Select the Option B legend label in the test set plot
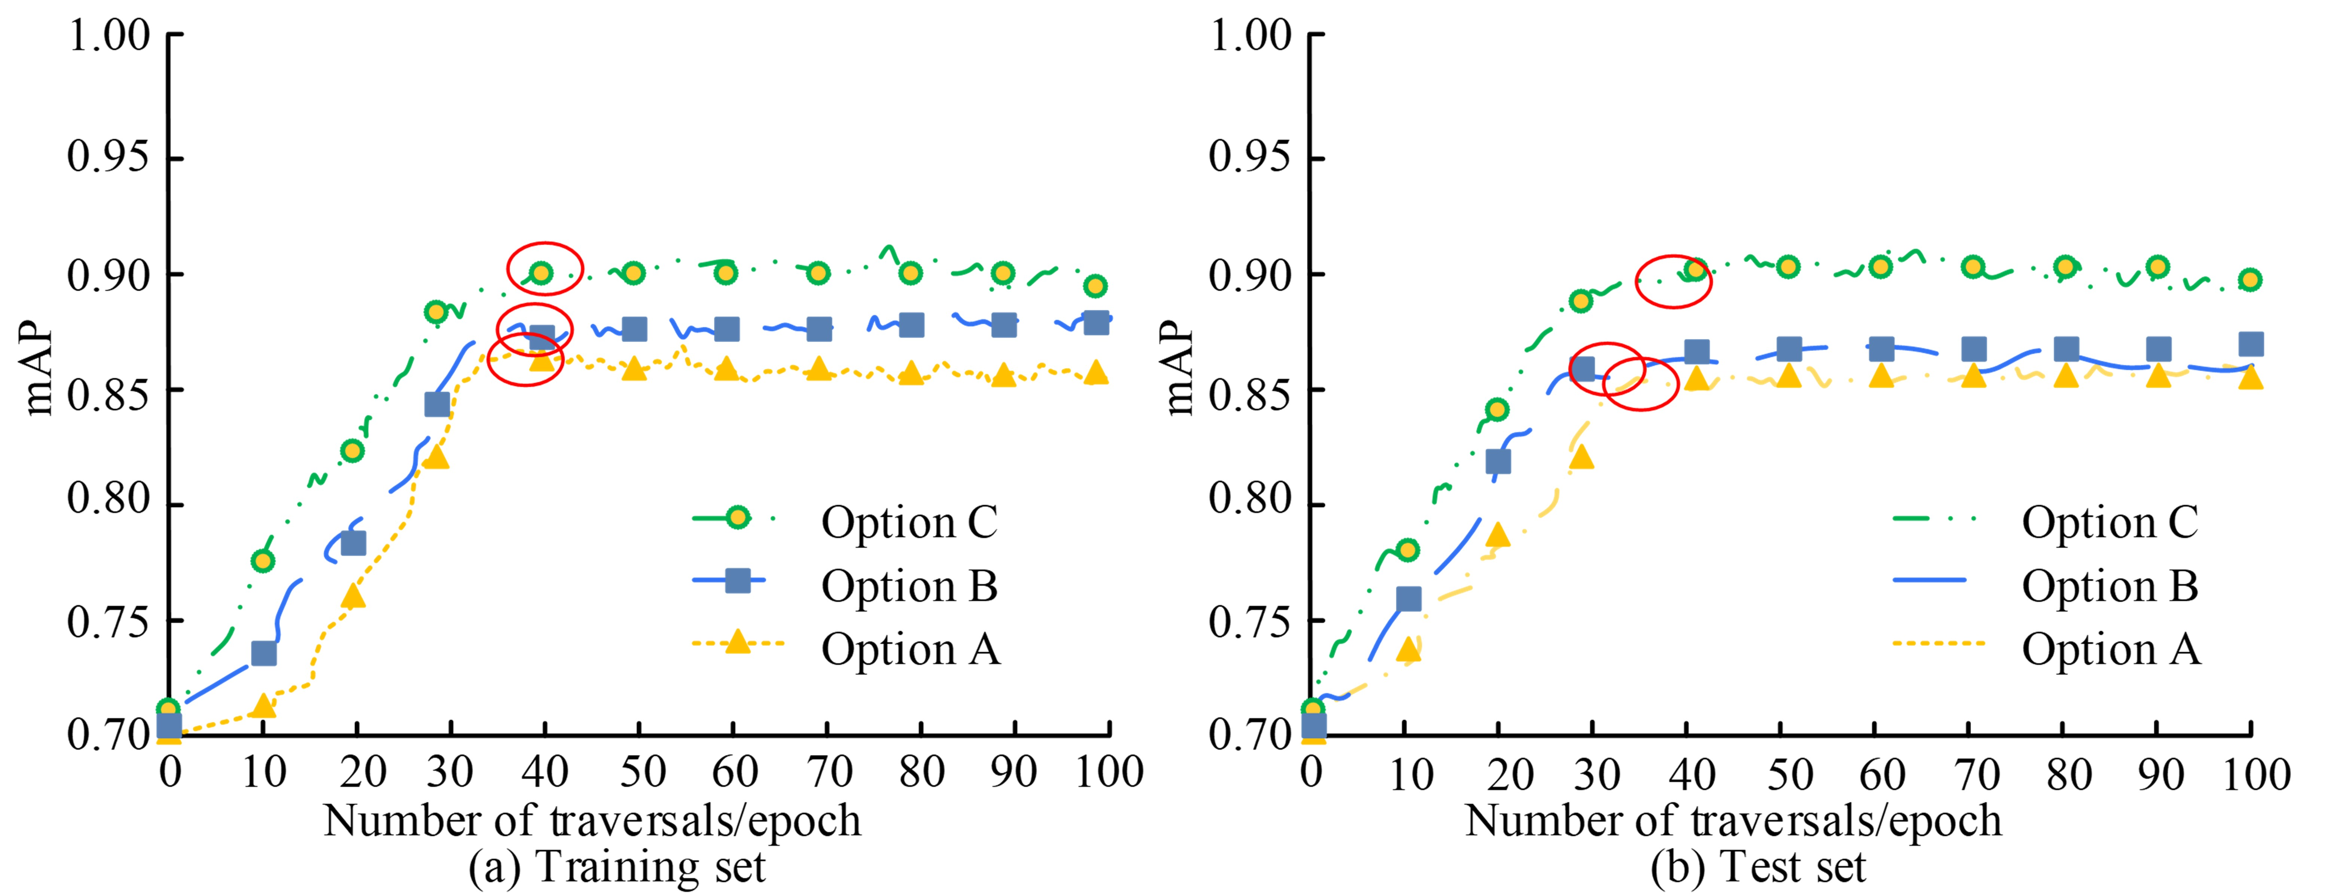(2109, 586)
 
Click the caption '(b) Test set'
(1758, 867)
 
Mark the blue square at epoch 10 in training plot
(264, 653)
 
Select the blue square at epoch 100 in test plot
(2251, 344)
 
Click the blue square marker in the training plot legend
(737, 581)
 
